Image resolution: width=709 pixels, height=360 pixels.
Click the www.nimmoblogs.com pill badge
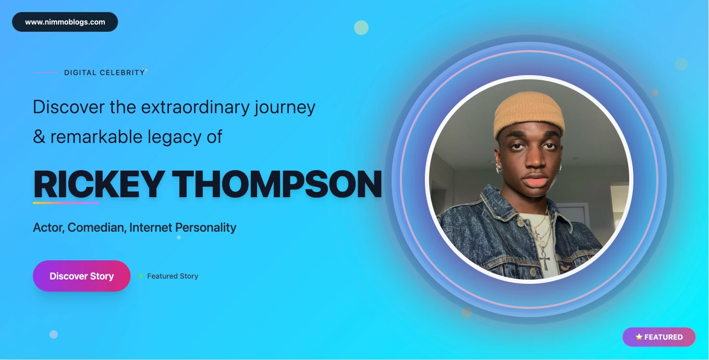click(x=65, y=22)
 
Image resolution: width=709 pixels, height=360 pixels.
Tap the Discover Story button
click(x=82, y=276)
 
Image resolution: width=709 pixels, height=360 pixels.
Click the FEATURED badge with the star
click(x=659, y=337)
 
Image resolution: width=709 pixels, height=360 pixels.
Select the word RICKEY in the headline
click(x=99, y=184)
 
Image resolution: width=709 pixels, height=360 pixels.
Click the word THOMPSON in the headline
click(x=277, y=184)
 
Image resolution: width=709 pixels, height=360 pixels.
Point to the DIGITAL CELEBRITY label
click(x=104, y=73)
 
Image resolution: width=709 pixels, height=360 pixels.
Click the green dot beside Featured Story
click(x=141, y=276)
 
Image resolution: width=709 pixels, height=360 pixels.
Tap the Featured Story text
click(x=173, y=276)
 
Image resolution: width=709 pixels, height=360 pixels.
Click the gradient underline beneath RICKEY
click(x=66, y=203)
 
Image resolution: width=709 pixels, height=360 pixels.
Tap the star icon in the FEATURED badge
click(x=639, y=337)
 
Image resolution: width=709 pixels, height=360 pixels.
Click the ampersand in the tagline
click(x=39, y=137)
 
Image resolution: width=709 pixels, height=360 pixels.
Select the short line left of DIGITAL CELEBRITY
click(x=45, y=73)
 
